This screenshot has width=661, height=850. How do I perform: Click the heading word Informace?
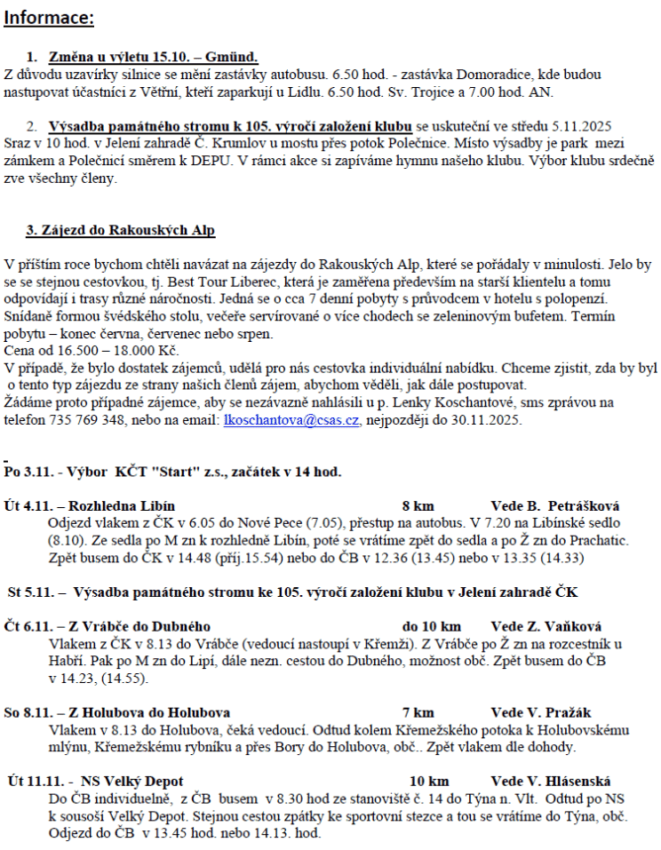[x=49, y=18]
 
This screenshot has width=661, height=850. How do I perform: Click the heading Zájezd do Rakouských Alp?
[x=121, y=230]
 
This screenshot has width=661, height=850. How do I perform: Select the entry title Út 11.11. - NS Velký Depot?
[x=94, y=782]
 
